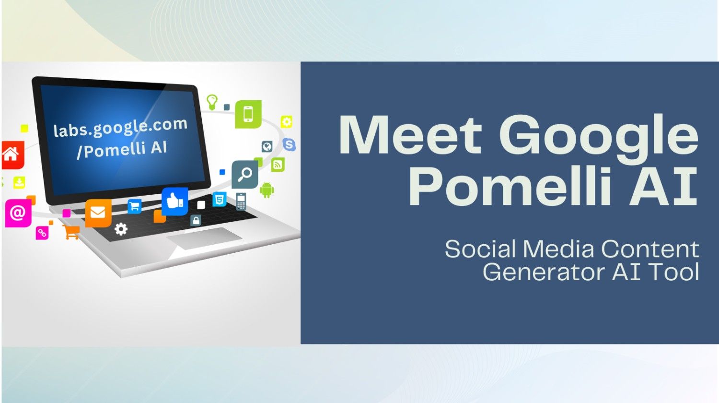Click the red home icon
pos(12,154)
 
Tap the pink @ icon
pos(18,213)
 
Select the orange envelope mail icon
pos(98,212)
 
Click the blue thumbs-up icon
pos(174,201)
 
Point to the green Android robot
pos(267,190)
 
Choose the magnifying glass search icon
pos(245,174)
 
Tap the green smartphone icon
pos(248,114)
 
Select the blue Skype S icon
pos(289,144)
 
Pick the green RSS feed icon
pos(278,165)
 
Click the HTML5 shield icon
pos(220,199)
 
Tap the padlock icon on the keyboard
pos(196,221)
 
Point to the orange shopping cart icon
pos(71,232)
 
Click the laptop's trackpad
pos(204,238)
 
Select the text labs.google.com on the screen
pos(120,127)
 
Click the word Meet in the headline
pos(410,135)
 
